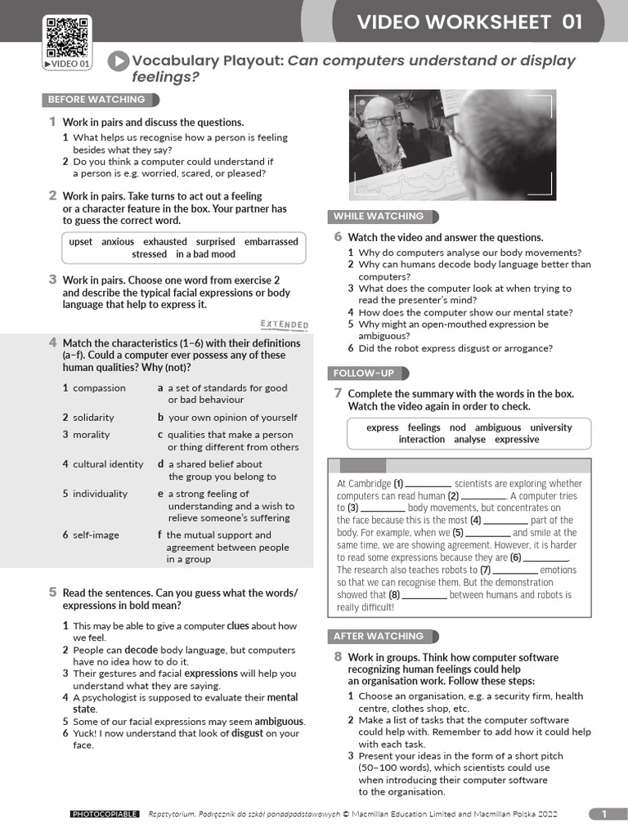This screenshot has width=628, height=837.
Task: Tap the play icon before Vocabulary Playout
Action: click(119, 61)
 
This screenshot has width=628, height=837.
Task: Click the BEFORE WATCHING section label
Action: click(96, 100)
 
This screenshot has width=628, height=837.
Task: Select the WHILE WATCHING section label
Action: click(379, 217)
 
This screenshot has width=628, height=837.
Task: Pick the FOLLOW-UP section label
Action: click(363, 374)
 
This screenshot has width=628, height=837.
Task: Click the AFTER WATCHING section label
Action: click(379, 636)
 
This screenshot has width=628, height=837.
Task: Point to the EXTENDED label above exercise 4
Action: click(284, 325)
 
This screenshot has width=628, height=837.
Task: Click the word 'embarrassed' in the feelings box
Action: click(271, 242)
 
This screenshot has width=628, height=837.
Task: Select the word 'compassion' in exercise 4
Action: click(99, 388)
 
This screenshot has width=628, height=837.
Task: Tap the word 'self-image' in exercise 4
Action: click(96, 535)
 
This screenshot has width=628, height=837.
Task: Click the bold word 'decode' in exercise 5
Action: click(141, 651)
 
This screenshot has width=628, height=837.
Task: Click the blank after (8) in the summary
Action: click(424, 596)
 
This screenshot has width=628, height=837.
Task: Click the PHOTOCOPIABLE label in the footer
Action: click(105, 814)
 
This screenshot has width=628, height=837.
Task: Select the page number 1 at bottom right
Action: click(604, 813)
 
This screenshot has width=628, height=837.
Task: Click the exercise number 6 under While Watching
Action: click(337, 237)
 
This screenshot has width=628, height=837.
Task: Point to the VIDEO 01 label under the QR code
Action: click(67, 64)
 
